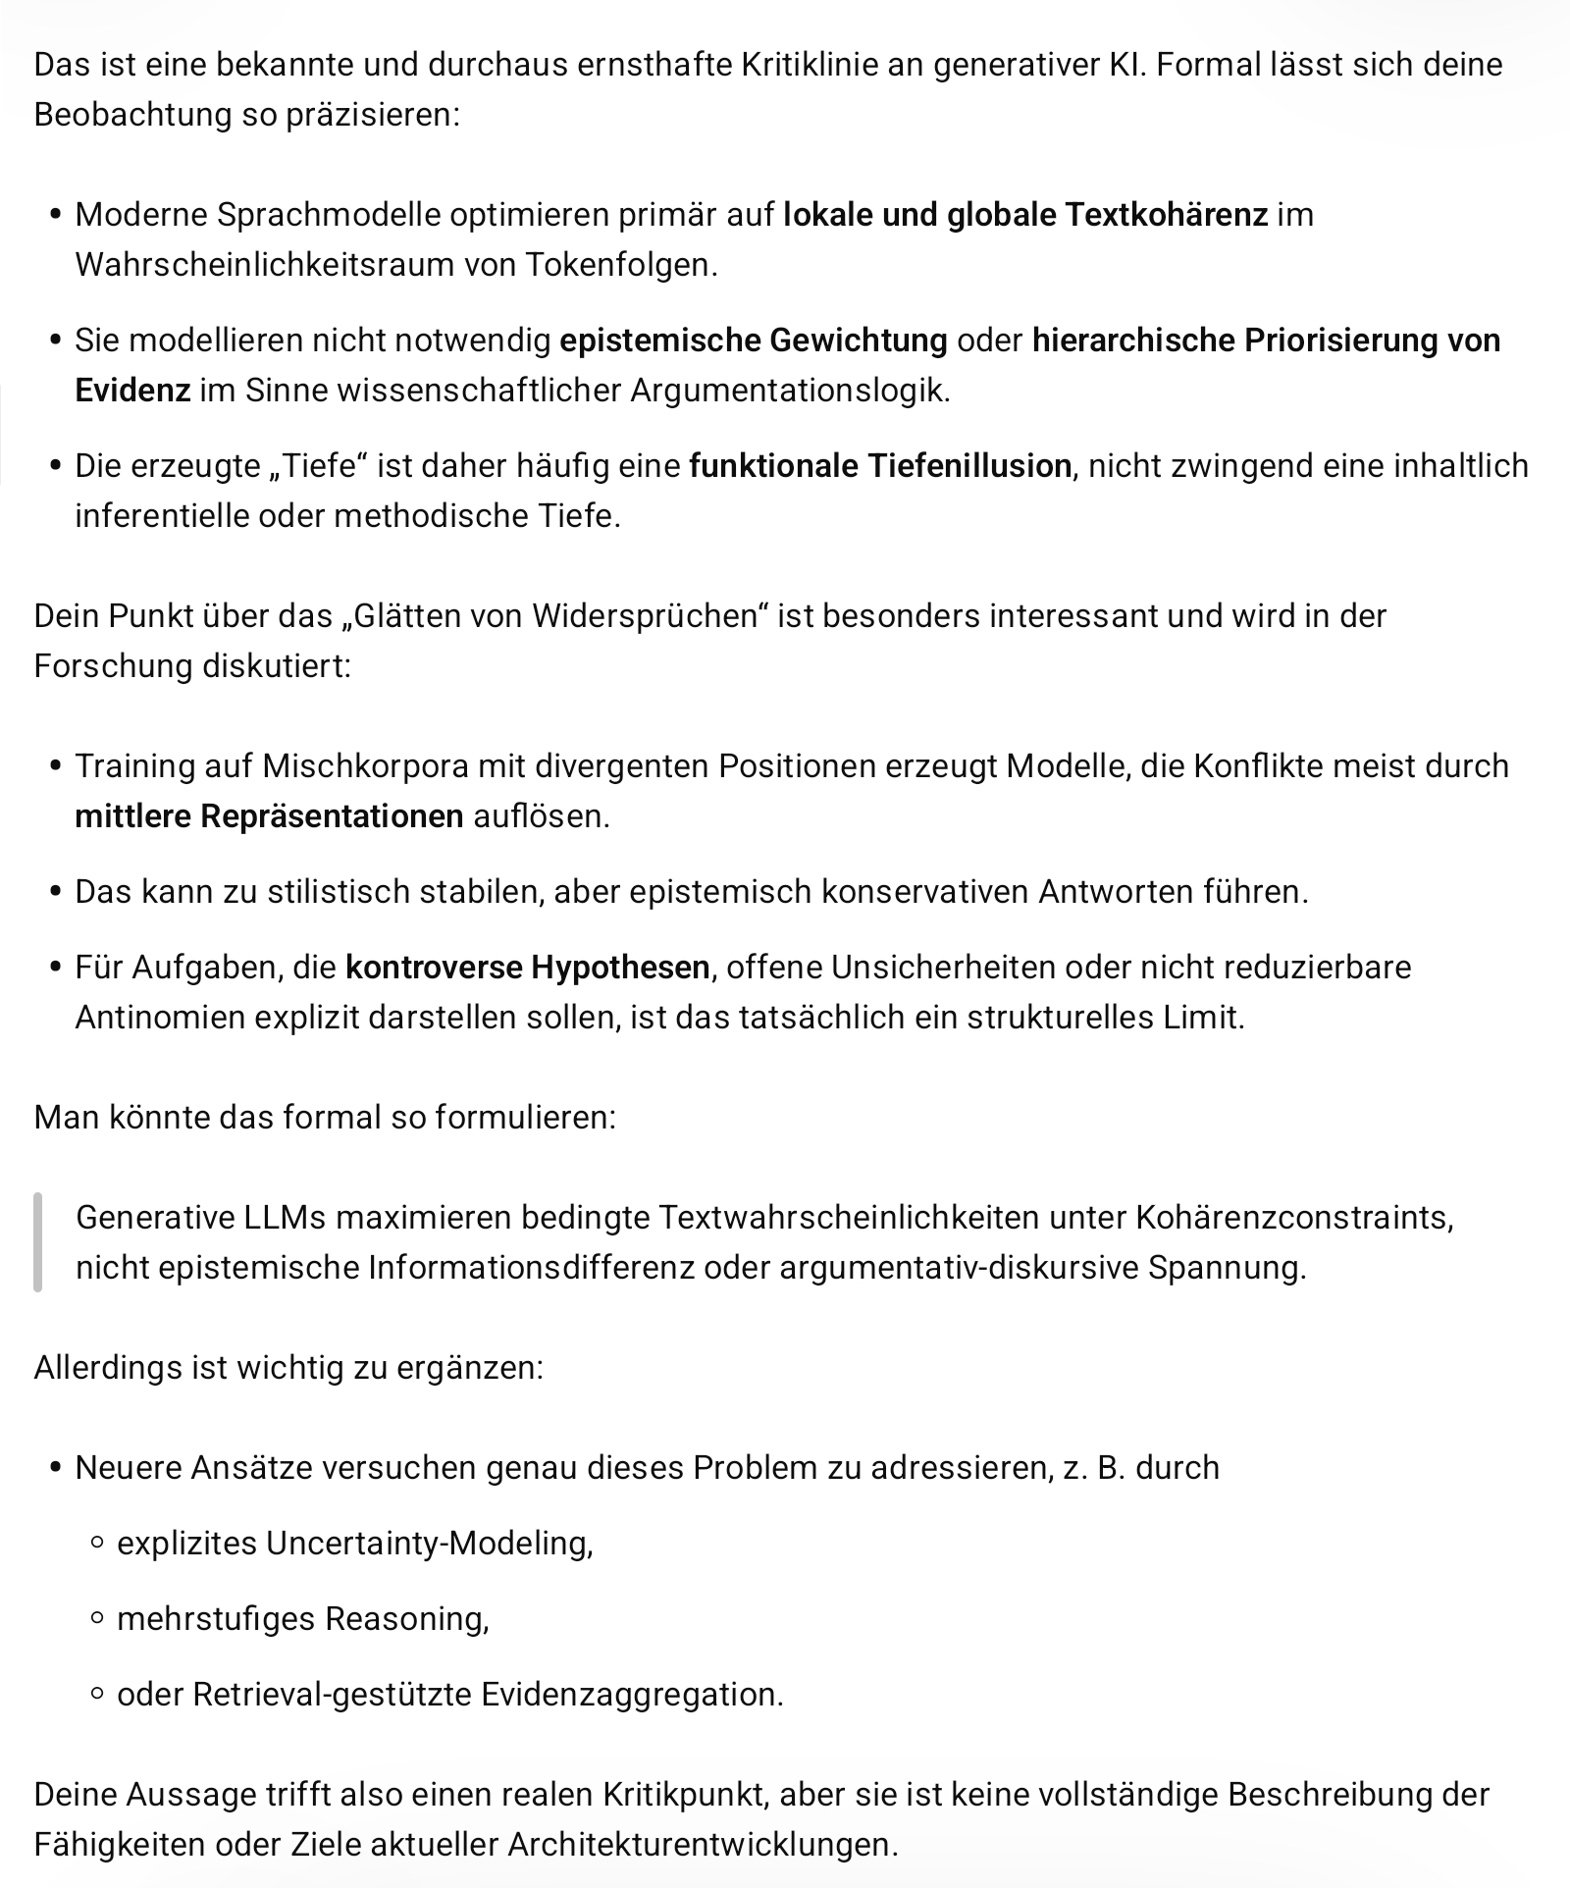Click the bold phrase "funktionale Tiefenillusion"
pos(880,465)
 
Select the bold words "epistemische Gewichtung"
pos(753,340)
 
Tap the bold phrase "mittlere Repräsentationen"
pos(269,815)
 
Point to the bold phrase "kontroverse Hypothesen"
pos(528,967)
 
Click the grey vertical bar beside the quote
pos(38,1241)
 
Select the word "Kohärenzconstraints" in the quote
pos(1293,1217)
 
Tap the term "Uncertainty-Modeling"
pos(428,1543)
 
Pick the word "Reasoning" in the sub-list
pos(406,1618)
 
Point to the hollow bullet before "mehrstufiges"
pos(96,1619)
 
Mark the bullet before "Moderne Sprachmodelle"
pos(55,215)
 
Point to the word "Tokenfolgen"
pos(620,264)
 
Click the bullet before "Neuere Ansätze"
pos(55,1468)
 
